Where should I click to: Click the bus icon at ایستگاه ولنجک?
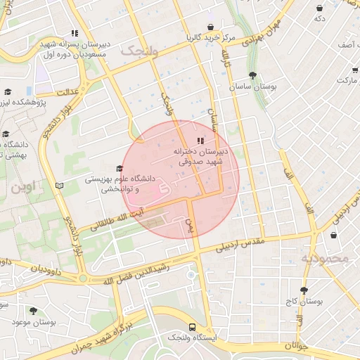192,327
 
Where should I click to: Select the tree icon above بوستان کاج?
304,290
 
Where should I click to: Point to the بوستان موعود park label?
32,321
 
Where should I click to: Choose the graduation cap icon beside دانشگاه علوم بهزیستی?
119,168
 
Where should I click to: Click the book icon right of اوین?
60,186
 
